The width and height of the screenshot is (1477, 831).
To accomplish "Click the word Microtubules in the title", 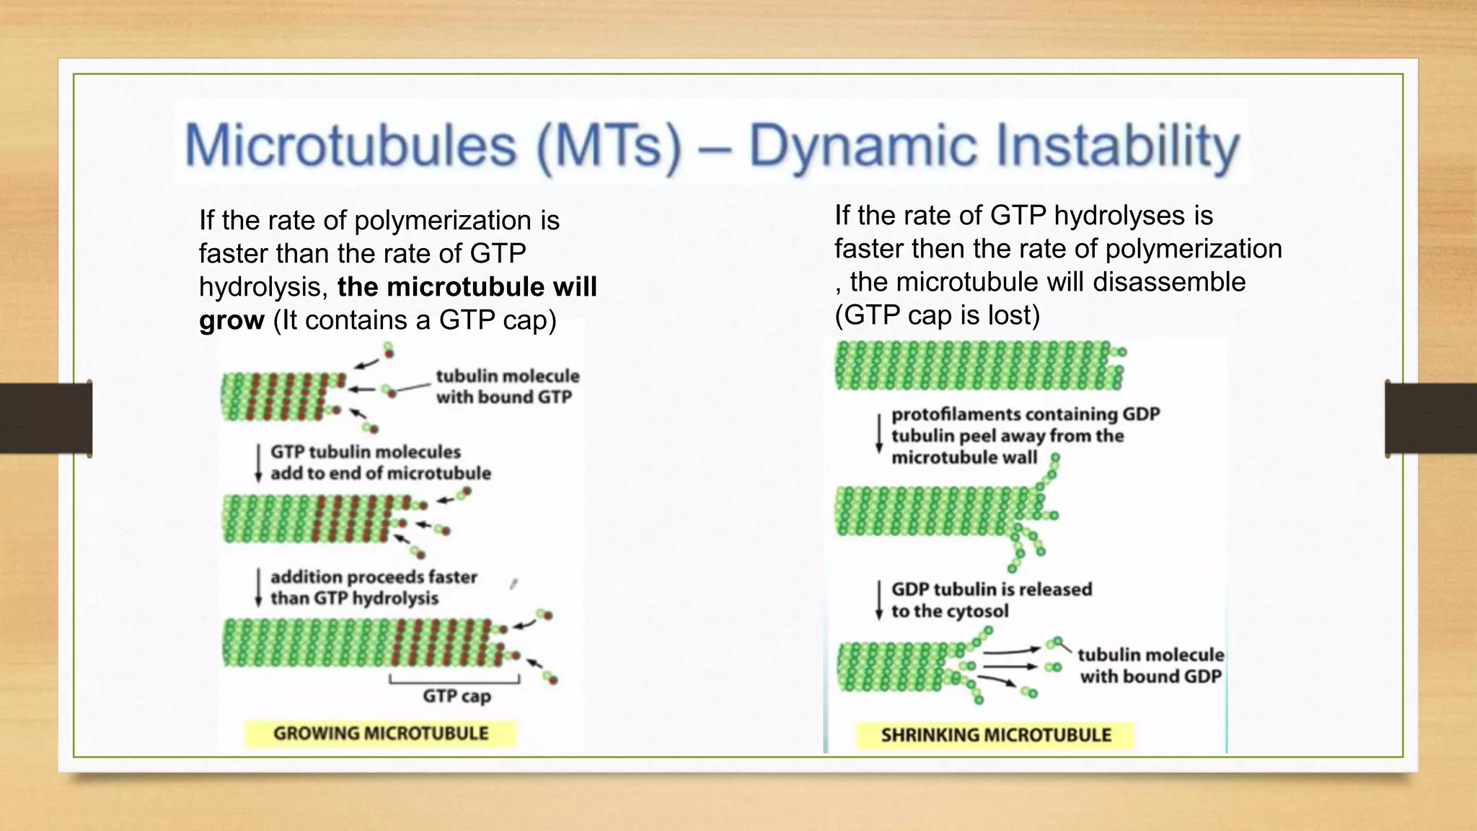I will (x=350, y=145).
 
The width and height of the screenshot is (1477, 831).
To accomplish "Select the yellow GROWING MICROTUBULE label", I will (x=381, y=734).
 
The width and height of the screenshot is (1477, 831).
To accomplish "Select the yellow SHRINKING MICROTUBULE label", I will (x=995, y=735).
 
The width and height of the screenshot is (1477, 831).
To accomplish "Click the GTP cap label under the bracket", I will (x=457, y=696).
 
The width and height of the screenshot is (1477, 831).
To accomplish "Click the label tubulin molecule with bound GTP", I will (x=507, y=386).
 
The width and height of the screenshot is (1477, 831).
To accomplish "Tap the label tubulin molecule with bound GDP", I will (x=1150, y=665).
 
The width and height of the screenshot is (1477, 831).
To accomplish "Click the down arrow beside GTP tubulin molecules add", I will (x=258, y=462).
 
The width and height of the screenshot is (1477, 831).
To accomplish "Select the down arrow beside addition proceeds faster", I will (x=258, y=587).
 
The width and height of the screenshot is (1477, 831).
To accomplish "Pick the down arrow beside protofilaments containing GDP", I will (x=878, y=434).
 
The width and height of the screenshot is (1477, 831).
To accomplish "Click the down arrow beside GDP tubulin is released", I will (x=878, y=600).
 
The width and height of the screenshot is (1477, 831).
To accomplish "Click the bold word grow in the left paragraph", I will (x=232, y=320).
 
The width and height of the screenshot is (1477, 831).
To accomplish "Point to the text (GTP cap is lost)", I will (x=937, y=315).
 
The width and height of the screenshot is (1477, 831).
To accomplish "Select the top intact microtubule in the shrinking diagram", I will (x=977, y=365).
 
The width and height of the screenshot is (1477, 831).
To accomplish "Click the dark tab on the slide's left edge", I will (x=45, y=418).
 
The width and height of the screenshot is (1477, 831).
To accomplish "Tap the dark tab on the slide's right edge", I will (x=1431, y=418).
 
